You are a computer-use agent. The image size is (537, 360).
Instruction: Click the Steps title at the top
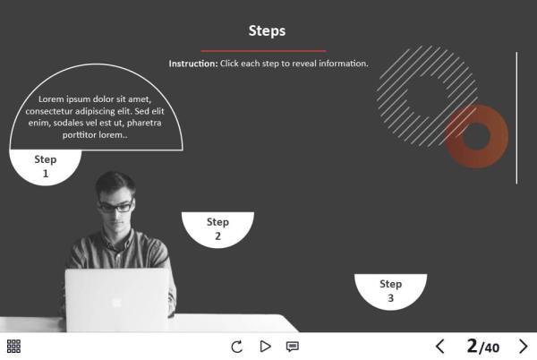pyautogui.click(x=267, y=30)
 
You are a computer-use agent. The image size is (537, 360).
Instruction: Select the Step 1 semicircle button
pyautogui.click(x=46, y=166)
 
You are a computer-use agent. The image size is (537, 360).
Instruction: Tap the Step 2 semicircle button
pyautogui.click(x=217, y=228)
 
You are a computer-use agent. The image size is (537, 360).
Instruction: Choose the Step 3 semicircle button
pyautogui.click(x=390, y=290)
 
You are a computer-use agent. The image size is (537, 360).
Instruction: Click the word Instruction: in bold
pyautogui.click(x=192, y=64)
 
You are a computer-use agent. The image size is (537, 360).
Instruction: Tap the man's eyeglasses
pyautogui.click(x=115, y=206)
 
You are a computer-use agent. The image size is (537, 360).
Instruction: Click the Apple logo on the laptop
pyautogui.click(x=116, y=302)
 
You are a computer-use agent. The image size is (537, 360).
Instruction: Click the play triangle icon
pyautogui.click(x=265, y=347)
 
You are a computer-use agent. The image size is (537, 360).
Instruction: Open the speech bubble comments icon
pyautogui.click(x=292, y=347)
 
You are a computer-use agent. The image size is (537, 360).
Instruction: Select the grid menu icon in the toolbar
pyautogui.click(x=13, y=347)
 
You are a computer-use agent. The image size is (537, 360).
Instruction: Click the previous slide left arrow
pyautogui.click(x=439, y=347)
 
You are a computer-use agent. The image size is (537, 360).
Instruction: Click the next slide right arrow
pyautogui.click(x=524, y=347)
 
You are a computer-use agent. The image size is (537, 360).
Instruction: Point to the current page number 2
pyautogui.click(x=472, y=346)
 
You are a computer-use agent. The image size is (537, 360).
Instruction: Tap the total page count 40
pyautogui.click(x=491, y=347)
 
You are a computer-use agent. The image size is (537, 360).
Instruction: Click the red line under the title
pyautogui.click(x=263, y=50)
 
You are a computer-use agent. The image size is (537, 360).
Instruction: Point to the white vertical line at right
pyautogui.click(x=516, y=116)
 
